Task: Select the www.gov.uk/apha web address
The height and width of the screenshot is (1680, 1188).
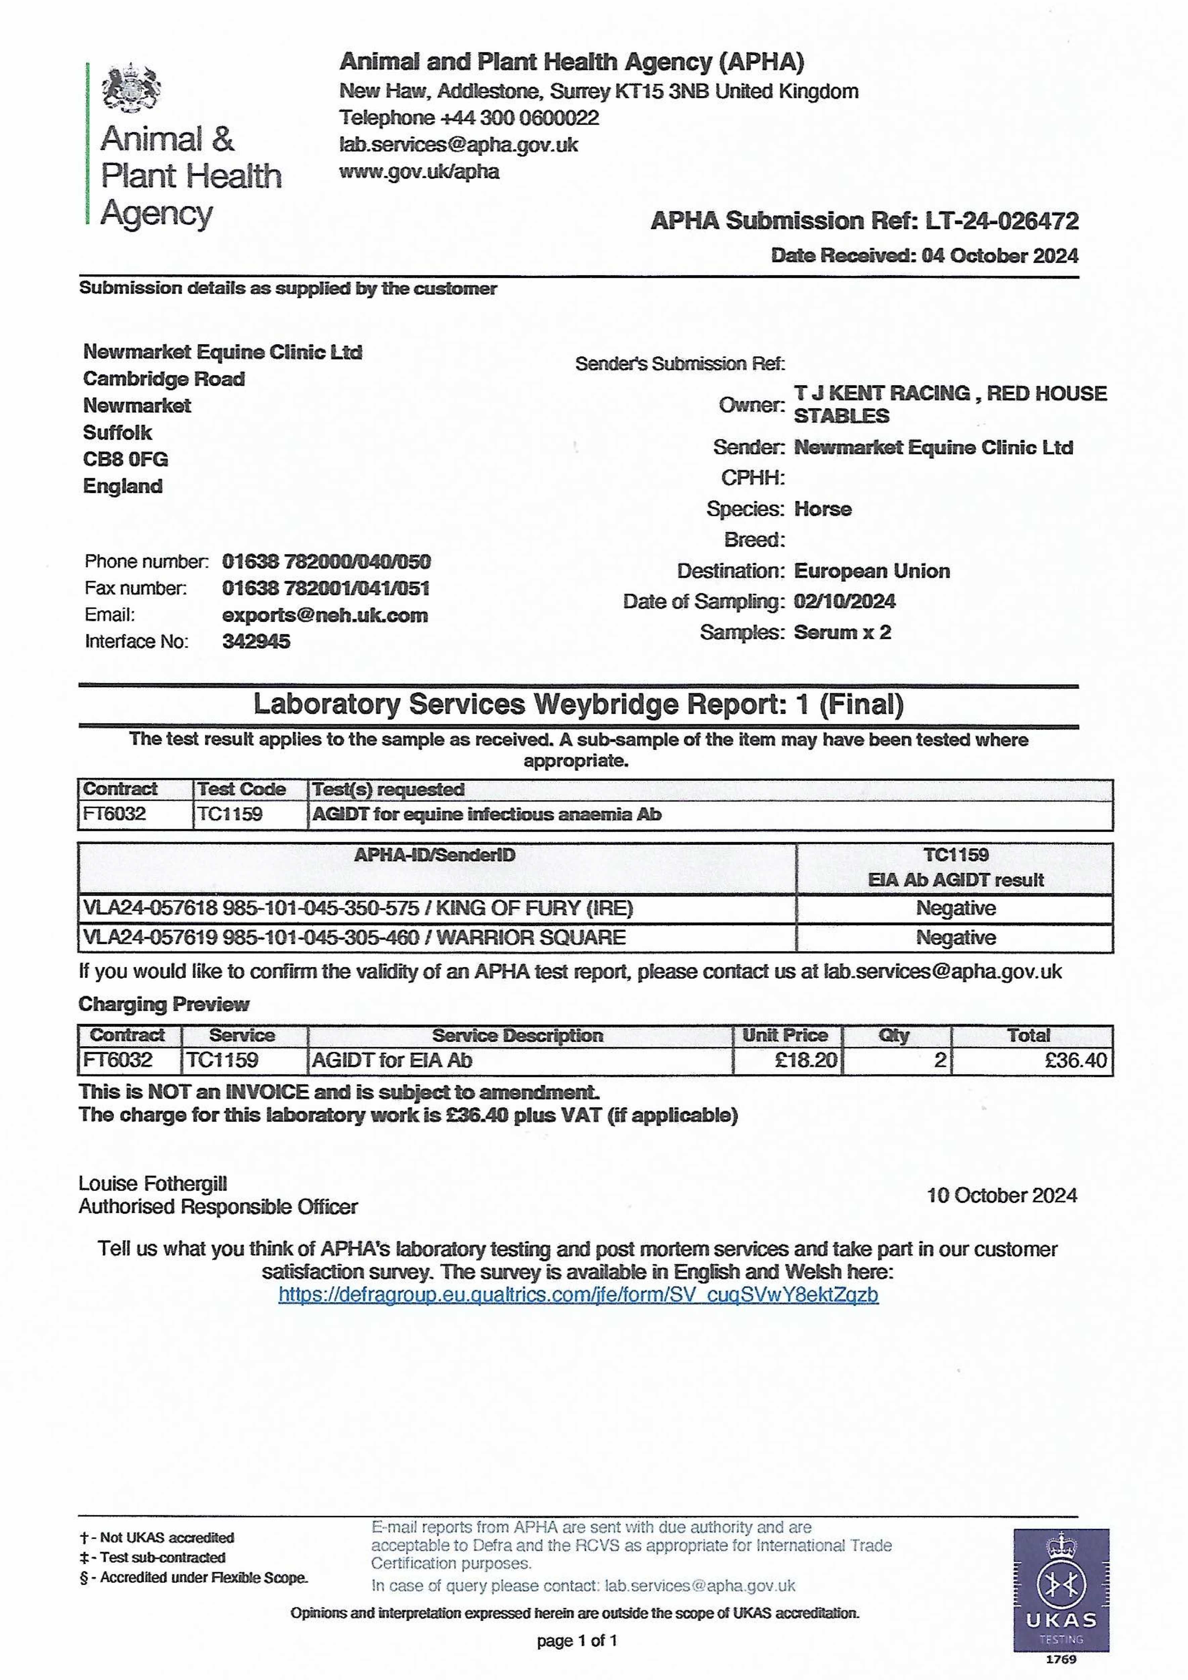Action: tap(419, 172)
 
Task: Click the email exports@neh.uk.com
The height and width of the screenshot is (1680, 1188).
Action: tap(325, 615)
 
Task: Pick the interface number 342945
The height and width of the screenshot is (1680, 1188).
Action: tap(256, 642)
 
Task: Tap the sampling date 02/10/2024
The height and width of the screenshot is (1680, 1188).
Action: tap(844, 601)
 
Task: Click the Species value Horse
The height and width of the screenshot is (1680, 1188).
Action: tap(823, 509)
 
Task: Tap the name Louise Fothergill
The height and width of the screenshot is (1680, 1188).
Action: tap(153, 1183)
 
